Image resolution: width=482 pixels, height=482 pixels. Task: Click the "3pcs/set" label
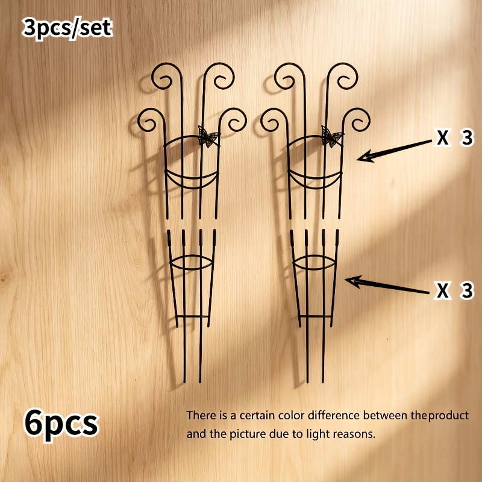[x=67, y=28]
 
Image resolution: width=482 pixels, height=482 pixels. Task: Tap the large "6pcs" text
[x=61, y=424]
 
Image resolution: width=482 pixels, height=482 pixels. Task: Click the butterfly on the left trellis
[x=208, y=137]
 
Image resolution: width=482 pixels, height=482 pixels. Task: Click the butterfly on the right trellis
[x=331, y=137]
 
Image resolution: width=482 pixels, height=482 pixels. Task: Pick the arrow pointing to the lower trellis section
[x=387, y=285]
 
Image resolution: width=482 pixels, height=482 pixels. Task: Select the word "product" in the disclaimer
[x=448, y=416]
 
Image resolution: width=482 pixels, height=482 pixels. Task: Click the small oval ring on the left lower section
[x=191, y=255]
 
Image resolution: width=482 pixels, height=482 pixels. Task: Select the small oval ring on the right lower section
[x=315, y=255]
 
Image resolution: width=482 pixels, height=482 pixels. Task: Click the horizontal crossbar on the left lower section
[x=192, y=316]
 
